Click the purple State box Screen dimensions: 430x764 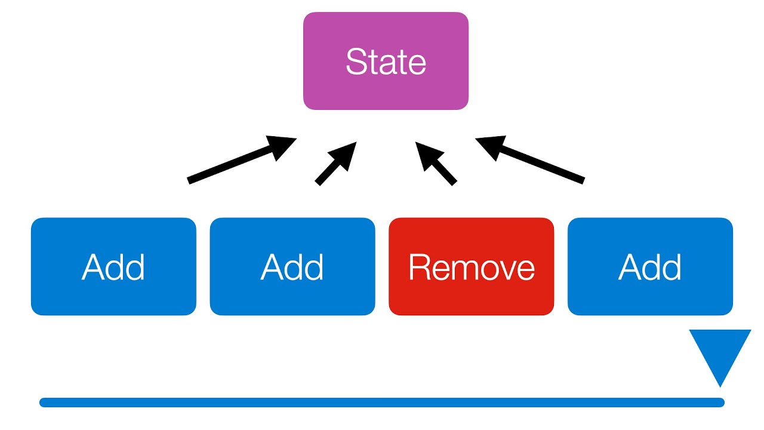(386, 61)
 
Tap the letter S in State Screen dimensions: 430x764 (356, 62)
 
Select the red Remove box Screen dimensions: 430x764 (471, 266)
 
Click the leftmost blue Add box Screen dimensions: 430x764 (113, 266)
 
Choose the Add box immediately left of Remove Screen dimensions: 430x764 (292, 266)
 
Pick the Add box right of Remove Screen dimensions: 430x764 (650, 266)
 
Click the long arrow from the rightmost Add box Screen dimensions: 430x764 (531, 160)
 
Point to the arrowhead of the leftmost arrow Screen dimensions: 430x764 (282, 146)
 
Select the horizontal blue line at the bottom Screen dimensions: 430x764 (382, 403)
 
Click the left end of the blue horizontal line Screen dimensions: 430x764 (43, 403)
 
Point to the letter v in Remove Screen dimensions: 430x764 (501, 269)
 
